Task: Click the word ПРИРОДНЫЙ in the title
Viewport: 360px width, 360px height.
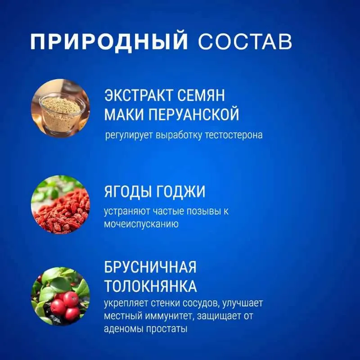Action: pos(109,41)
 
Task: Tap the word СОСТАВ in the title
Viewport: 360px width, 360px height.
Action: pos(245,42)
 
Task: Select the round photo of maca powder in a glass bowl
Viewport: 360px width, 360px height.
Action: pos(60,108)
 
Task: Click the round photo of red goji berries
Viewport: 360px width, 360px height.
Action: pos(60,205)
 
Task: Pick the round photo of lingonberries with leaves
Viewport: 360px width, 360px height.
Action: pos(60,296)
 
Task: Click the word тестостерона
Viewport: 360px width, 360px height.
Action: pos(234,135)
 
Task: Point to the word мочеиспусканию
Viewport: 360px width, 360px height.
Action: pos(141,224)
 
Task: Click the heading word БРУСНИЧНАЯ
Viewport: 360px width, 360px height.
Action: pos(150,267)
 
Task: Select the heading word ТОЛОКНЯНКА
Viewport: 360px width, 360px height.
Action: pos(151,286)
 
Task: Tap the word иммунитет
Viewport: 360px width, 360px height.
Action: pos(168,316)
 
